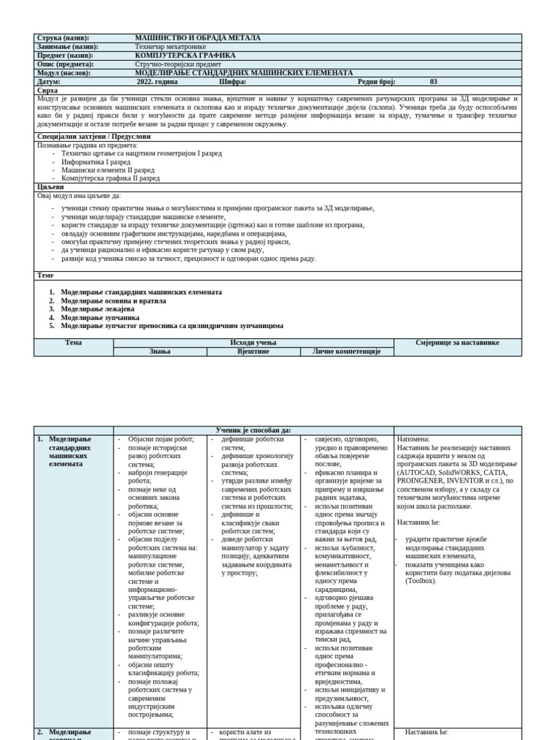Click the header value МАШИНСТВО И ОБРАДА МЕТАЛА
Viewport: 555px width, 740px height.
(x=197, y=38)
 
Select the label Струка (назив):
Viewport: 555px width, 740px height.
(x=66, y=38)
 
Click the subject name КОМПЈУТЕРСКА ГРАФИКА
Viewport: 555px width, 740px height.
(x=185, y=55)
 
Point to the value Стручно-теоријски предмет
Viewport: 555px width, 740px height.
(x=178, y=64)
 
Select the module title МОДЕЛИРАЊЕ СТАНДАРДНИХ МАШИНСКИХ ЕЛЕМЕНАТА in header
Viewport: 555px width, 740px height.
(x=244, y=73)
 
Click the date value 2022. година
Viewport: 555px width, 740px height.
(x=156, y=82)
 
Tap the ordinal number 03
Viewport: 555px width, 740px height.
(x=434, y=82)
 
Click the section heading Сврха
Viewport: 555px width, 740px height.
(x=47, y=90)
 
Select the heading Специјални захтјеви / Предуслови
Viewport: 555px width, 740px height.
(x=93, y=136)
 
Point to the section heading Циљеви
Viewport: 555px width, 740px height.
(x=50, y=186)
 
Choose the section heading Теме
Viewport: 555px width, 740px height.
(x=45, y=275)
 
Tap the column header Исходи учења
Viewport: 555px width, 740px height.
(x=253, y=343)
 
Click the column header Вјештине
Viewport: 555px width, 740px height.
(x=253, y=351)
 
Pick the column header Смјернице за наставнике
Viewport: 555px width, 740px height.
(x=457, y=343)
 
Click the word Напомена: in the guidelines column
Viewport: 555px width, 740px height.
(x=413, y=439)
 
